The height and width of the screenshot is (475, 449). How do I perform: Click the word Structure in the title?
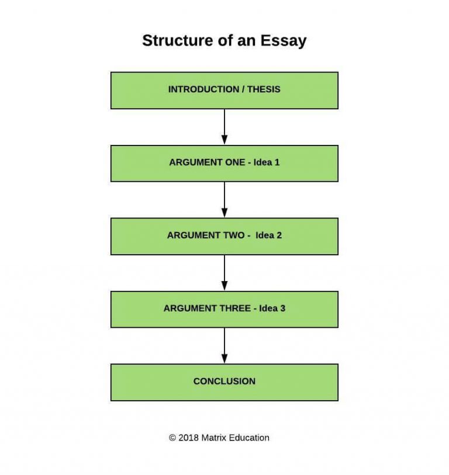[x=178, y=40]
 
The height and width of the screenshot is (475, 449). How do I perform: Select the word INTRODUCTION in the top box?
[x=203, y=89]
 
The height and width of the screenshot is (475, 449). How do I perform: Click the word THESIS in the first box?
[x=264, y=89]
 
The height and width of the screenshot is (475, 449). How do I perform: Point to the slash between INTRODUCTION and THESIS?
[x=243, y=89]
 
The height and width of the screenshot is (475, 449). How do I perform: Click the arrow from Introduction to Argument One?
[x=224, y=127]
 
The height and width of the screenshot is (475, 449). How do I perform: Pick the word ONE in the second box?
[x=235, y=162]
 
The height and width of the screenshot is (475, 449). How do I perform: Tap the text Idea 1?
[x=267, y=162]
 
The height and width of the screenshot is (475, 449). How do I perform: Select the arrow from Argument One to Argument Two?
[x=224, y=200]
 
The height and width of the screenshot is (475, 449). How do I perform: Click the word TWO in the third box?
[x=234, y=235]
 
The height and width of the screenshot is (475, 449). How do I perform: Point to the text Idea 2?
[x=268, y=235]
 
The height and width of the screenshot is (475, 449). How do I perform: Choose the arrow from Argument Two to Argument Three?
[x=224, y=273]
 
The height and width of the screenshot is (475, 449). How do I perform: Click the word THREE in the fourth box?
[x=235, y=308]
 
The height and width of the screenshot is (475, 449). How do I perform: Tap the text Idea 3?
[x=272, y=308]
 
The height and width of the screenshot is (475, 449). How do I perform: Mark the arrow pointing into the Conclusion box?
[x=224, y=346]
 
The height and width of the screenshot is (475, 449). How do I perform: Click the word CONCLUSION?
[x=224, y=382]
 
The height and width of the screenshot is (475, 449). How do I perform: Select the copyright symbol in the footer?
[x=172, y=438]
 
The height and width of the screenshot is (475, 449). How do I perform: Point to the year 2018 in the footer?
[x=189, y=438]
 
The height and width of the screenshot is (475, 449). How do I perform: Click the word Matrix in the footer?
[x=214, y=438]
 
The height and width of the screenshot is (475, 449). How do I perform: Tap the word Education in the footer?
[x=249, y=438]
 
